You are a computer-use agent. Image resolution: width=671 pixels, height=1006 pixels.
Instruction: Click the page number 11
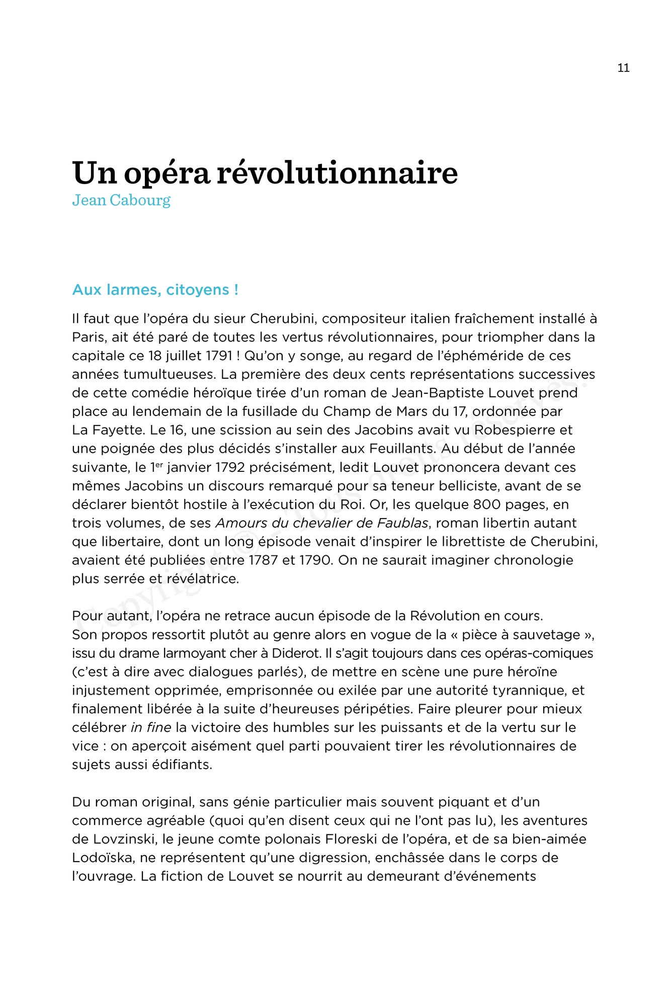[x=623, y=68]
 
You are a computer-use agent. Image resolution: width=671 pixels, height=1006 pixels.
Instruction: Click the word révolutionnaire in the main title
[x=337, y=173]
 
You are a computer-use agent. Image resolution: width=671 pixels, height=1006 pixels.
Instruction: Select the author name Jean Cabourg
[x=121, y=200]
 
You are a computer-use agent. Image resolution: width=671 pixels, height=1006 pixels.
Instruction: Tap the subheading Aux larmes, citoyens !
[x=155, y=290]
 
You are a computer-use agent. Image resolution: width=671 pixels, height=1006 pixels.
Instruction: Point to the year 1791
[x=218, y=356]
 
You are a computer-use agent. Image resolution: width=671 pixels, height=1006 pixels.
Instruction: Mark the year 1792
[x=230, y=467]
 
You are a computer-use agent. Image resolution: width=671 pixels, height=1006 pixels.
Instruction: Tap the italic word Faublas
[x=402, y=523]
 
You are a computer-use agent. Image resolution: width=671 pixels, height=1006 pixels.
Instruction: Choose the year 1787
[x=263, y=560]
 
